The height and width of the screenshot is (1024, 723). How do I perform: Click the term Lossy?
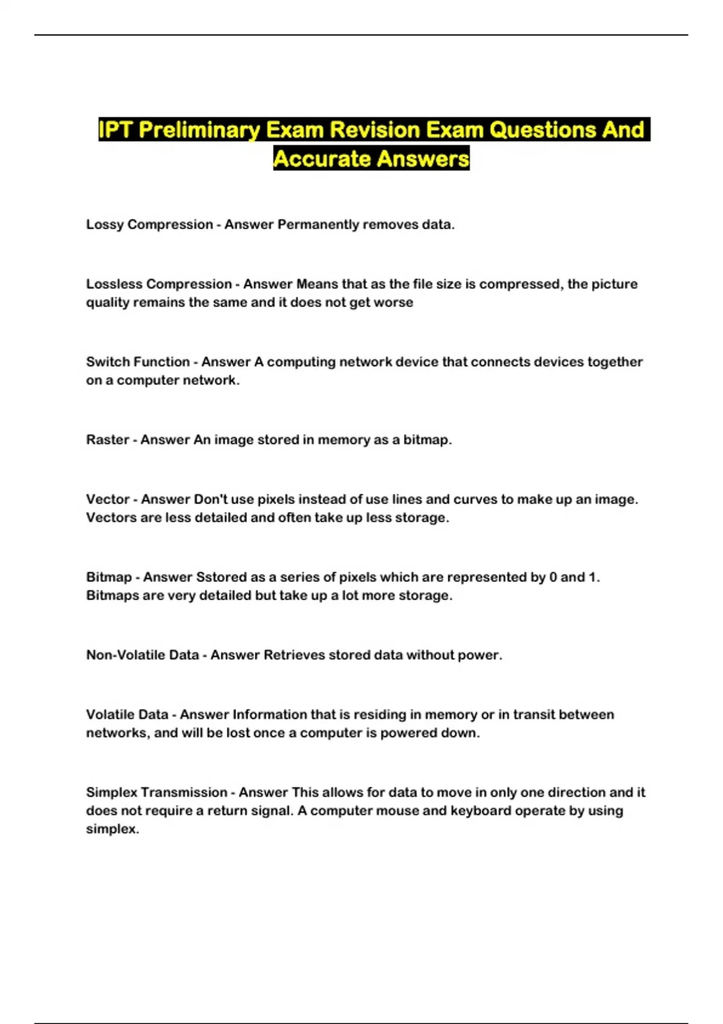point(105,225)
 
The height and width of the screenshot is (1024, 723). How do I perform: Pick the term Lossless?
point(114,284)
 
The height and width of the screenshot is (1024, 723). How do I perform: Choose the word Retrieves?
point(294,655)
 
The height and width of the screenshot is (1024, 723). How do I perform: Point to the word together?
point(615,362)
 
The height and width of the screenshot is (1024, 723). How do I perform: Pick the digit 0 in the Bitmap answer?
point(552,577)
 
